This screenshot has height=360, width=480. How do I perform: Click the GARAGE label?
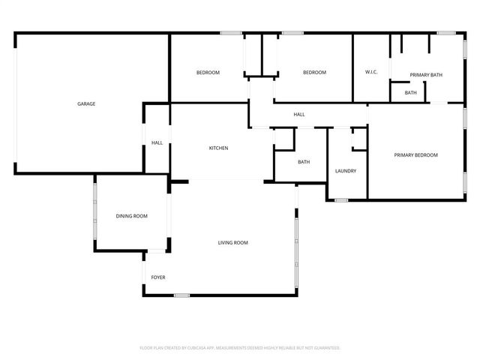(x=86, y=103)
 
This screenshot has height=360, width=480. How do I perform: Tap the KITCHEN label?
(x=218, y=148)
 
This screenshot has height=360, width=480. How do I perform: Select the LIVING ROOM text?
(x=232, y=242)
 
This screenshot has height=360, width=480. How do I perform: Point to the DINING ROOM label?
(x=131, y=216)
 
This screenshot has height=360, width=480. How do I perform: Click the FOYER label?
(x=158, y=277)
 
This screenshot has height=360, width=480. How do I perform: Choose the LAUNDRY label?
(x=346, y=171)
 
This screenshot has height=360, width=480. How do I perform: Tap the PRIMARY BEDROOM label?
(x=415, y=155)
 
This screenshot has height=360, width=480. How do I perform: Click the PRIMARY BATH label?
(x=426, y=75)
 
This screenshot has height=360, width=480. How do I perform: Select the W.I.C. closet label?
(x=371, y=72)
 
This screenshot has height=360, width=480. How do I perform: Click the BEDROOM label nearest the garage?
(x=208, y=72)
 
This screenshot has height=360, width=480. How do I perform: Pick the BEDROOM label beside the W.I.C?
(x=314, y=72)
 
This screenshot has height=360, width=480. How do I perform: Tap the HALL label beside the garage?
(x=157, y=142)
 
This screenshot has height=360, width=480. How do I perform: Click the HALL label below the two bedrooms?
(x=298, y=114)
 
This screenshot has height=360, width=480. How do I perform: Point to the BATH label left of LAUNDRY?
(x=304, y=162)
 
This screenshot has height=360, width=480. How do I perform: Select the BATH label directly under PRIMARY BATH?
(x=410, y=93)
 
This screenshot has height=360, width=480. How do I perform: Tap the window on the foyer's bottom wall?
(x=181, y=295)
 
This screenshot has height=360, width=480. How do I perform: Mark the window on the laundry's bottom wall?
(x=341, y=200)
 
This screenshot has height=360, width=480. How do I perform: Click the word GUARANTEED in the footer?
(x=326, y=348)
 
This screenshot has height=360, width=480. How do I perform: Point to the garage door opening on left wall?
(x=15, y=103)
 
